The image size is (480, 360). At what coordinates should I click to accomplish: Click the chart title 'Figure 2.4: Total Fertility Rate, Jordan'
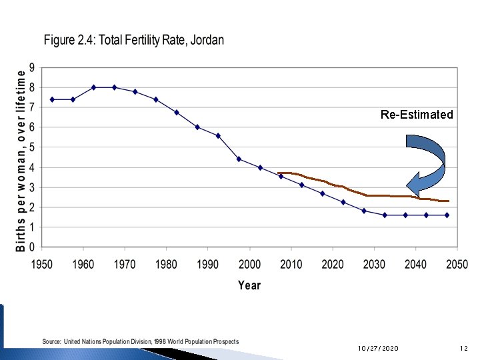134,40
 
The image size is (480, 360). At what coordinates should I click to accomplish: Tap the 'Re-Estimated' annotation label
417,115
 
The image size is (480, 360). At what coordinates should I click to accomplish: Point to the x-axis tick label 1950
41,264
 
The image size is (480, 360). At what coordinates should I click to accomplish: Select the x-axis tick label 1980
166,264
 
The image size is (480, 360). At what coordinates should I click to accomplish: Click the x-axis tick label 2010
291,264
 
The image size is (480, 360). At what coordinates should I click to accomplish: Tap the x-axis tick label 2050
457,264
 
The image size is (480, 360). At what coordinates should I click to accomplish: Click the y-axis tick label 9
31,67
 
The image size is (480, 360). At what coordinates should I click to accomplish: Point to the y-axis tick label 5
31,147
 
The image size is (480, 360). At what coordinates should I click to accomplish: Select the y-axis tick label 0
31,247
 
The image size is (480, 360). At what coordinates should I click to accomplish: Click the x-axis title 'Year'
249,285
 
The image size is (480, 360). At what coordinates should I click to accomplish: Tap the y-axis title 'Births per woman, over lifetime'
21,157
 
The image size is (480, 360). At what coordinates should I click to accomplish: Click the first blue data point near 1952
51,99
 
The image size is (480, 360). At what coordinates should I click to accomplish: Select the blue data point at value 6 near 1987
197,127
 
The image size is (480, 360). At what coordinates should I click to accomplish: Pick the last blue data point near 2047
447,215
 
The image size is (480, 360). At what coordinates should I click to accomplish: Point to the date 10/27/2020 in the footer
378,349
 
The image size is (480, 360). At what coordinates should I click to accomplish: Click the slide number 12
464,349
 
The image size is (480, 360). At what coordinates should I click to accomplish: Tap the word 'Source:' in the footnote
52,341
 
